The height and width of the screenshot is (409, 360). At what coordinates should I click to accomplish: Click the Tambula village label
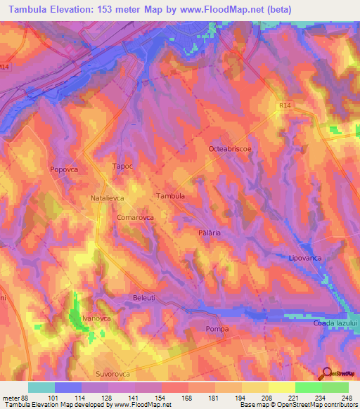click(170, 196)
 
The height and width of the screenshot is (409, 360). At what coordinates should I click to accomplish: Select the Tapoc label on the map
click(122, 167)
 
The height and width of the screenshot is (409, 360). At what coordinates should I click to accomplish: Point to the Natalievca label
click(108, 199)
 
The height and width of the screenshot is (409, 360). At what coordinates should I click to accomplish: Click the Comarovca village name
click(135, 218)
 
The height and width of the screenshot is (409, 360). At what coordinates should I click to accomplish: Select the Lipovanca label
click(305, 259)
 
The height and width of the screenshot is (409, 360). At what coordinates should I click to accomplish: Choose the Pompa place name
click(216, 329)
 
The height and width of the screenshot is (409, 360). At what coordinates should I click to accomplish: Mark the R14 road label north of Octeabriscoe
click(283, 104)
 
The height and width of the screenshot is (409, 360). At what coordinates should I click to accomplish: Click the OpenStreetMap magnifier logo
click(327, 373)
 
